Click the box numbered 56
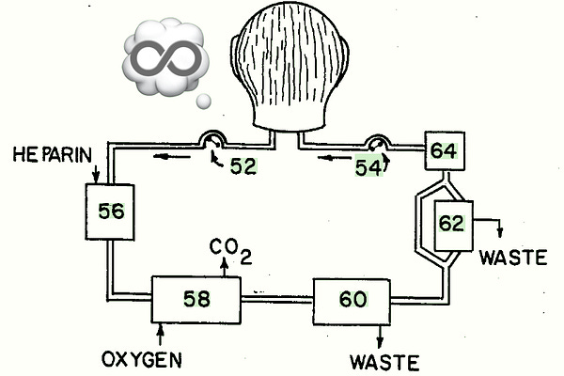pos(110,210)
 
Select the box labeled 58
pos(196,300)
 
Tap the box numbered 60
pos(352,300)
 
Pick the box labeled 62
pos(451,224)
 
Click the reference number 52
pos(243,167)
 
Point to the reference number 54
pos(368,167)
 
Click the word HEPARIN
pos(52,152)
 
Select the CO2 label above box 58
pos(230,249)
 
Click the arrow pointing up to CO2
pos(225,268)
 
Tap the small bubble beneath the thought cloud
pos(202,100)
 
